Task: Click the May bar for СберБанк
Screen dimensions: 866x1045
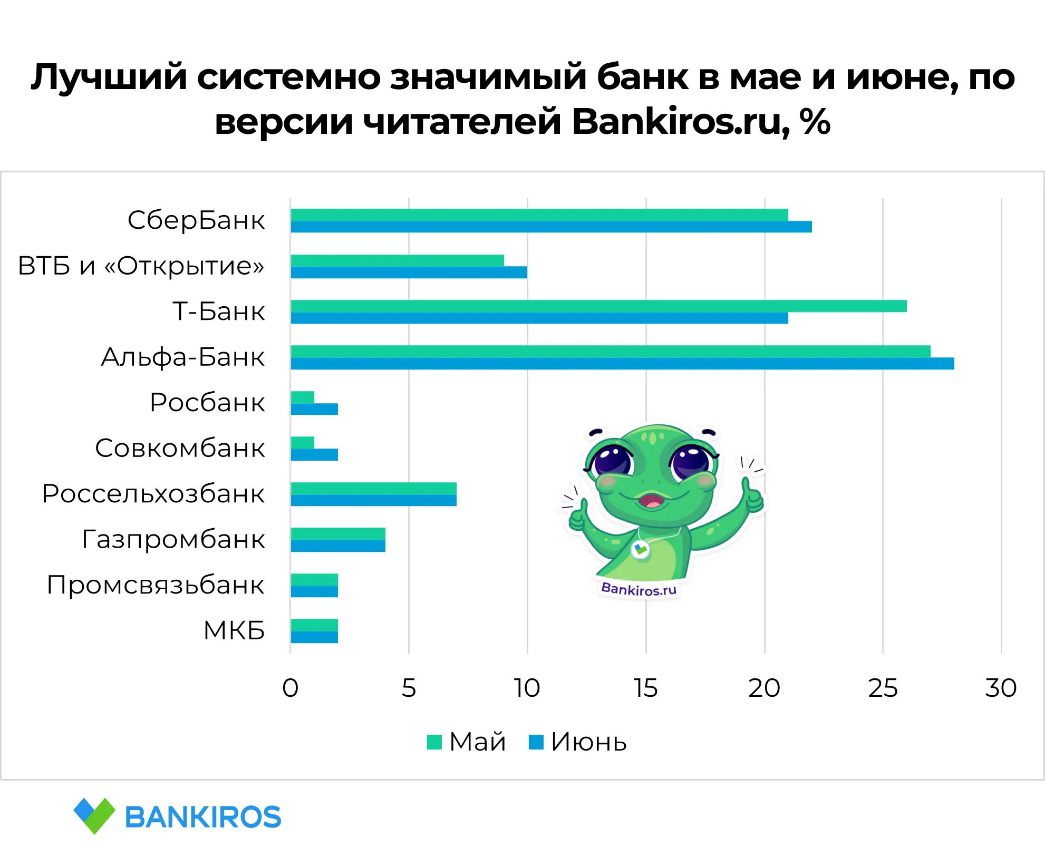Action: coord(539,215)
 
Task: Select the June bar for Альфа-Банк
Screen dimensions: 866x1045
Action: coord(622,364)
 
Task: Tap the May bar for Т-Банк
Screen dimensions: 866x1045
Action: coord(598,306)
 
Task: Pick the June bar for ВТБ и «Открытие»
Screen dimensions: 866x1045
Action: coord(409,273)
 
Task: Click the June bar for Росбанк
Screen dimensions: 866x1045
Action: coord(314,409)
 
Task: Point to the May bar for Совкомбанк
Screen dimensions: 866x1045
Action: coord(303,443)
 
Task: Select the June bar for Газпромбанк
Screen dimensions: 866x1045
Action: coord(338,546)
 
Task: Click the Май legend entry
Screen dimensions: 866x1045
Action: coord(467,742)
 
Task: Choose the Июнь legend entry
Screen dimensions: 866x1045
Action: coord(578,742)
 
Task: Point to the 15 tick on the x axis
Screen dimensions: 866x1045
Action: coord(646,688)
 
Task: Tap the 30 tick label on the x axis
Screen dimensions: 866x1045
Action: coord(1001,688)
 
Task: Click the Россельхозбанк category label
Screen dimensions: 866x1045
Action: coord(153,494)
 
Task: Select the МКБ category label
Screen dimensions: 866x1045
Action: coord(234,630)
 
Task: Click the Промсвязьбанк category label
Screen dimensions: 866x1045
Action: coord(156,585)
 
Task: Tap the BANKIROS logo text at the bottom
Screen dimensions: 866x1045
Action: coord(203,817)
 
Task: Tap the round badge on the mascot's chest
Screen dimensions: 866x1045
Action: coord(641,550)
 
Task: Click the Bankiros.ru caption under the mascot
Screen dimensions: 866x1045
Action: coord(639,589)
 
